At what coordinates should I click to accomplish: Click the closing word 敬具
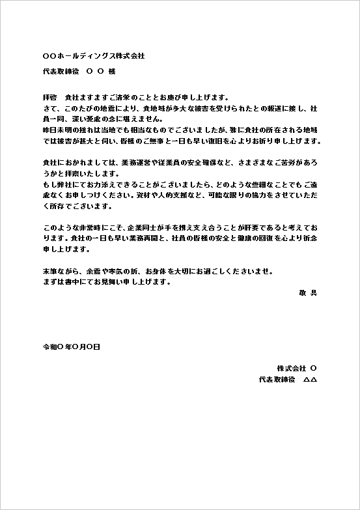(309, 293)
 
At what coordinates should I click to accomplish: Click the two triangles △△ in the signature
(310, 379)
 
